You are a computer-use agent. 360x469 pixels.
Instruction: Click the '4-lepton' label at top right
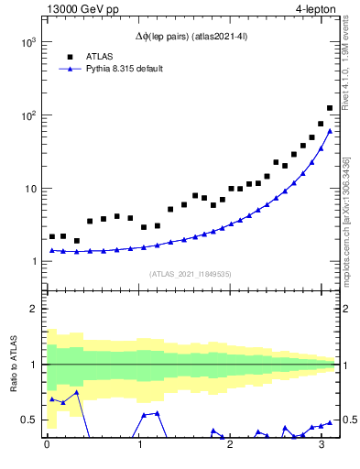pos(316,10)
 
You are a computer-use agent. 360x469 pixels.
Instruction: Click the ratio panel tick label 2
pos(33,309)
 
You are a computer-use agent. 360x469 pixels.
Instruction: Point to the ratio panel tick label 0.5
pos(28,420)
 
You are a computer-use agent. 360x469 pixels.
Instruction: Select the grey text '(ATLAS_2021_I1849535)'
pos(191,273)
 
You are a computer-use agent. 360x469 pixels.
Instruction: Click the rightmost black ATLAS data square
pos(330,108)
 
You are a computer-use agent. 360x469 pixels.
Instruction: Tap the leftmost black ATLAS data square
pos(52,236)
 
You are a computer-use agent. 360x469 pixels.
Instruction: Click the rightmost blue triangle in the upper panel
pos(330,131)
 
